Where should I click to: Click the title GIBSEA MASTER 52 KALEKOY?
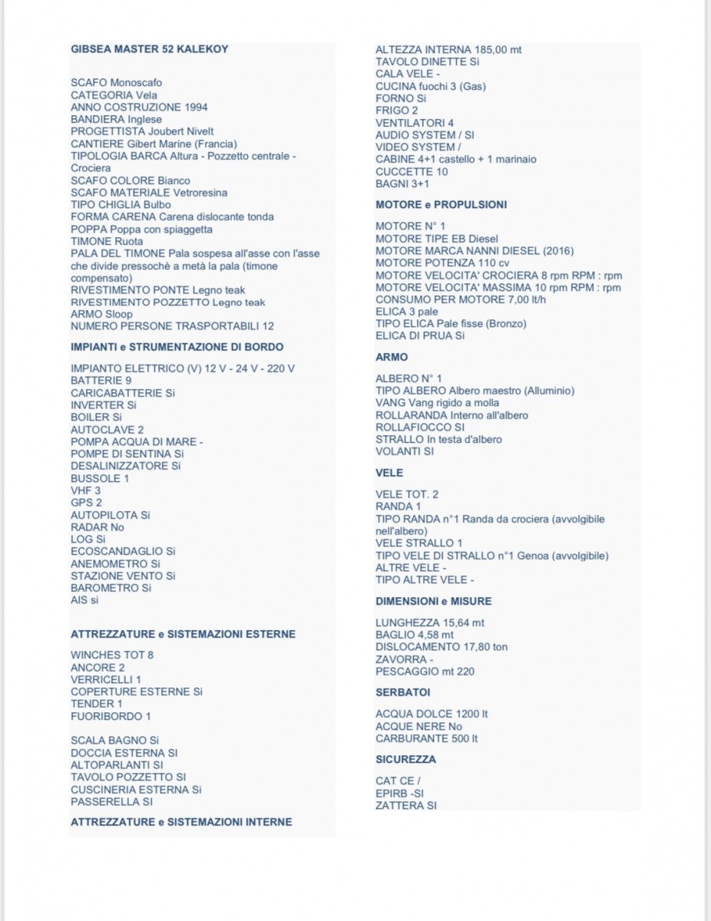(149, 49)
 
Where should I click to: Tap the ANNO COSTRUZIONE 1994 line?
(139, 107)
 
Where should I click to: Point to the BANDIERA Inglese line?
(116, 120)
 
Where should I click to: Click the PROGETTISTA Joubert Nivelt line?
(142, 132)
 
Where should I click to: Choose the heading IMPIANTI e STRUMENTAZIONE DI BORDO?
(177, 347)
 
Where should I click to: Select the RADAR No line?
(98, 527)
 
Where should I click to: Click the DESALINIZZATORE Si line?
(126, 466)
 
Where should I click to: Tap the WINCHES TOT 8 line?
(112, 655)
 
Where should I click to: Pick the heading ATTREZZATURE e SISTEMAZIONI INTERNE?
(181, 822)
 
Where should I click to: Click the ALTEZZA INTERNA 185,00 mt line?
(448, 49)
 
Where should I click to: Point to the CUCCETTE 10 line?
(412, 172)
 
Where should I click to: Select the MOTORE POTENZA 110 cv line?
(442, 263)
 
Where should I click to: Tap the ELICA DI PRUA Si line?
(420, 336)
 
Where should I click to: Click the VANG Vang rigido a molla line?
(437, 403)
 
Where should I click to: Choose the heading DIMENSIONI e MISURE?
(433, 601)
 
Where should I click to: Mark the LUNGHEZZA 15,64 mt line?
(430, 622)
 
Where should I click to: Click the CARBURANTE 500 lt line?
(426, 739)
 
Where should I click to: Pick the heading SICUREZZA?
(405, 759)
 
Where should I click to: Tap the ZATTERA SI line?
(405, 806)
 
